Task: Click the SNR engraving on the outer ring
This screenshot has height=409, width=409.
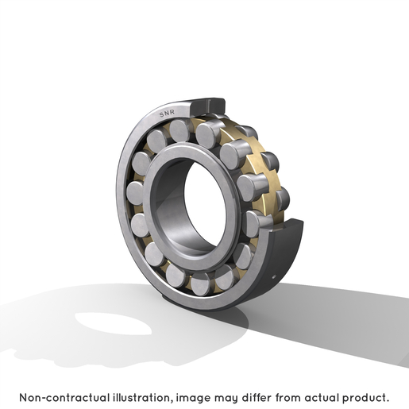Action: (x=167, y=113)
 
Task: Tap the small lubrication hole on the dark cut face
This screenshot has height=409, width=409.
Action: (x=274, y=277)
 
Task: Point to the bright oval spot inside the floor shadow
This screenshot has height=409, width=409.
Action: (x=114, y=323)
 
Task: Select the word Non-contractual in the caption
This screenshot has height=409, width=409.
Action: (x=64, y=398)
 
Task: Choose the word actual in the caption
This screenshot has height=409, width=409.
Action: (x=322, y=398)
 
